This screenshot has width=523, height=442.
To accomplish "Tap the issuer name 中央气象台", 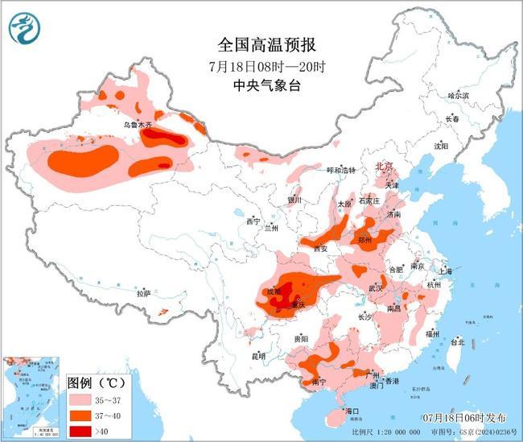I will (x=261, y=85).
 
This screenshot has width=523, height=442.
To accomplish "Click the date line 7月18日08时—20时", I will (x=261, y=64).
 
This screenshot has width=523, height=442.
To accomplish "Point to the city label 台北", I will (x=456, y=341).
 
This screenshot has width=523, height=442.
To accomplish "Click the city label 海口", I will (x=351, y=411).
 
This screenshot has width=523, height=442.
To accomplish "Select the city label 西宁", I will (x=253, y=221).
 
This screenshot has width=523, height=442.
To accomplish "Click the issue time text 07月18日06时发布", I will (x=463, y=418).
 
